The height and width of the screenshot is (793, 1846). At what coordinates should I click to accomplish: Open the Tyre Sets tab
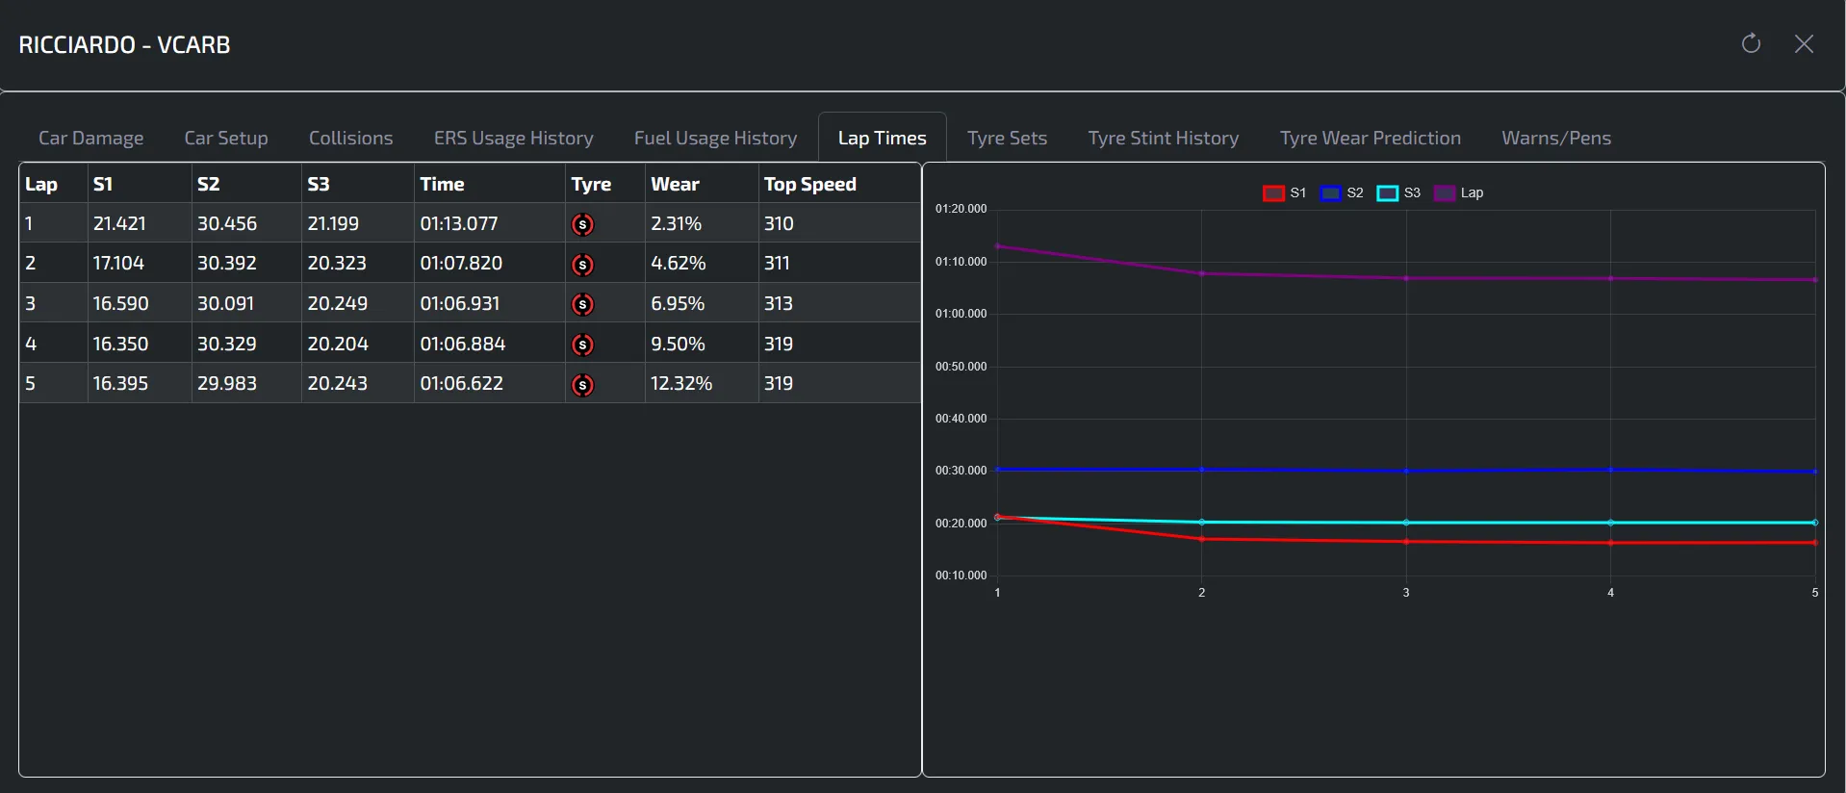[x=1007, y=138]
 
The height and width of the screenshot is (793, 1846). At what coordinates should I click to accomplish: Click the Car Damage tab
[x=90, y=138]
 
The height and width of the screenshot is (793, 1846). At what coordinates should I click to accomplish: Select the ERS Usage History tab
[x=513, y=138]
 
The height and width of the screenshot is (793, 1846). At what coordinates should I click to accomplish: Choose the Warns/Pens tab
[x=1555, y=138]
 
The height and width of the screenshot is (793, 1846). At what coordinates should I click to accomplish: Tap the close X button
[x=1804, y=44]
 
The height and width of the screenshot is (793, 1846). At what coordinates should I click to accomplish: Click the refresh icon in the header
[x=1751, y=44]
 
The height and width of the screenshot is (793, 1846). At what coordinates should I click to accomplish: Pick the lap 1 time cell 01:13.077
[x=459, y=223]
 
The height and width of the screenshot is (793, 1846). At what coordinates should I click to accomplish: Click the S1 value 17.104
[x=118, y=263]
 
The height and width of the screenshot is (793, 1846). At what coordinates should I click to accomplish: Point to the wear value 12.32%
[x=681, y=383]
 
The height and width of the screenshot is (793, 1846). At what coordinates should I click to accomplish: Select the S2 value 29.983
[x=227, y=383]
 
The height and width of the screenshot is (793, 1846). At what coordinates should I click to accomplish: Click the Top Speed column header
[x=809, y=184]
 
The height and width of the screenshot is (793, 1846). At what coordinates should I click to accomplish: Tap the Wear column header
[x=675, y=184]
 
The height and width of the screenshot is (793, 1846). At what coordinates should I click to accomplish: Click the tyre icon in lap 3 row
[x=582, y=304]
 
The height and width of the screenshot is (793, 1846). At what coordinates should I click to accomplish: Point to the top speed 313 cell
[x=779, y=303]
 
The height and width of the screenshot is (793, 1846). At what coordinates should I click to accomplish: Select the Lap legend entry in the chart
[x=1459, y=192]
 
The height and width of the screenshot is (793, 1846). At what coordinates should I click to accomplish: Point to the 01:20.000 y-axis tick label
[x=961, y=209]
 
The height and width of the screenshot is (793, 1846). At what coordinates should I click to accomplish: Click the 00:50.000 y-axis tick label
[x=961, y=367]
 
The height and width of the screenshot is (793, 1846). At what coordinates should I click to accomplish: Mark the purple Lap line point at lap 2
[x=1201, y=273]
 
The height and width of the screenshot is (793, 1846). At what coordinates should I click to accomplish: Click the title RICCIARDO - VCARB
[x=125, y=45]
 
